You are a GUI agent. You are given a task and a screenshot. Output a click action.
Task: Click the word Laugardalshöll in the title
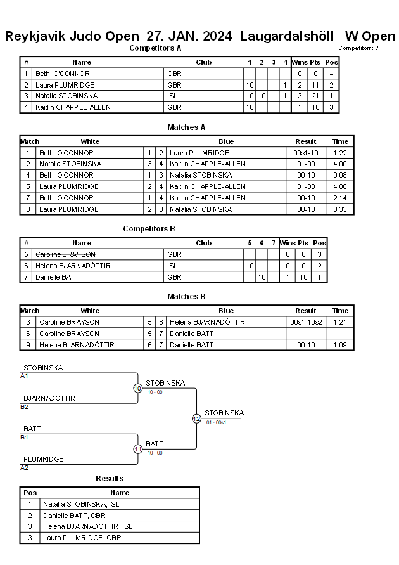[x=287, y=36]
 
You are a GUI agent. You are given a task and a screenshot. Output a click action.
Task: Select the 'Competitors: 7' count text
[x=358, y=48]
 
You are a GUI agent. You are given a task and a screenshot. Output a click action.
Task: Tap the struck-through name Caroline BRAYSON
[x=65, y=254]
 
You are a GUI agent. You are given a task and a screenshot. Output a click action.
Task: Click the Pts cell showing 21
[x=315, y=96]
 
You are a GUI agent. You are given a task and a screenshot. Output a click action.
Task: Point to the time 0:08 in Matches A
[x=339, y=175]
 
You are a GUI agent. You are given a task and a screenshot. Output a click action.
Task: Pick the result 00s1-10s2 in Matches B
[x=306, y=322]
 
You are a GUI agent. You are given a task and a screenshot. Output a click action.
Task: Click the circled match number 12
[x=196, y=419]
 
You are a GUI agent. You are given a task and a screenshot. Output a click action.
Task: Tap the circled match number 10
[x=138, y=388]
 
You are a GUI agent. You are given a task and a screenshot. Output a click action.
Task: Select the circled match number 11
[x=138, y=450]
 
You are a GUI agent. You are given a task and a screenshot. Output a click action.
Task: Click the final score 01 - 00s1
[x=216, y=422]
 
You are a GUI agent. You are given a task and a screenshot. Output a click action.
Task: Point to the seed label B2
[x=24, y=407]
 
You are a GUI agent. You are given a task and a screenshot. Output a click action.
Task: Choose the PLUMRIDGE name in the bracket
[x=43, y=459]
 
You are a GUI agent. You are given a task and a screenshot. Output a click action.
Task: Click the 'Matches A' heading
[x=186, y=127]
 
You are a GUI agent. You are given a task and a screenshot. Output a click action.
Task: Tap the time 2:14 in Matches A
[x=339, y=198]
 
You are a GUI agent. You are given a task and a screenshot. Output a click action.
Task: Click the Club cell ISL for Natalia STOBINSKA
[x=172, y=96]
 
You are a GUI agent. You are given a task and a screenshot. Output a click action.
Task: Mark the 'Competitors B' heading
[x=149, y=229]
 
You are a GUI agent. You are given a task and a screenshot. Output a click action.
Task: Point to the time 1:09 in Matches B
[x=339, y=345]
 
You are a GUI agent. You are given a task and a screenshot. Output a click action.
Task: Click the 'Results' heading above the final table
[x=110, y=479]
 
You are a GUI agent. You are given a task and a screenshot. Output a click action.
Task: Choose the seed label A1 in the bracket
[x=24, y=376]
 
